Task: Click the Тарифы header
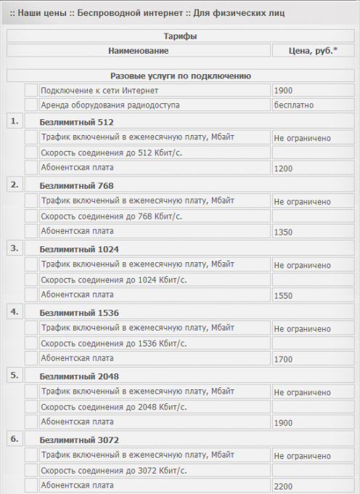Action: [x=180, y=36]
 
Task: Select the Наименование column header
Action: [x=138, y=51]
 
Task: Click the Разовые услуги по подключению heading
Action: [x=180, y=76]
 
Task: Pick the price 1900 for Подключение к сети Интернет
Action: [x=283, y=91]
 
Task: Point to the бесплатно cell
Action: [x=293, y=105]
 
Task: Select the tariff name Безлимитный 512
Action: [x=76, y=122]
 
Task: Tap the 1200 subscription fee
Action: [x=283, y=169]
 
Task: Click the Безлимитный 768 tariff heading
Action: [x=76, y=185]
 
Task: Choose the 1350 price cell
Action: [x=283, y=232]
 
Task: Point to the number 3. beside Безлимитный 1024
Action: [x=14, y=248]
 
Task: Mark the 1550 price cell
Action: [x=283, y=296]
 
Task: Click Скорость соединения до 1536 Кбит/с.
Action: [x=113, y=343]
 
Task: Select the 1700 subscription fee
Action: [x=283, y=360]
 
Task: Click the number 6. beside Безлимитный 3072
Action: [x=14, y=439]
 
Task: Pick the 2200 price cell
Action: [x=283, y=485]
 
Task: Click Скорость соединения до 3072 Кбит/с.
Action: [x=113, y=470]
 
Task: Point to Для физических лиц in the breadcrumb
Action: [x=247, y=13]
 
